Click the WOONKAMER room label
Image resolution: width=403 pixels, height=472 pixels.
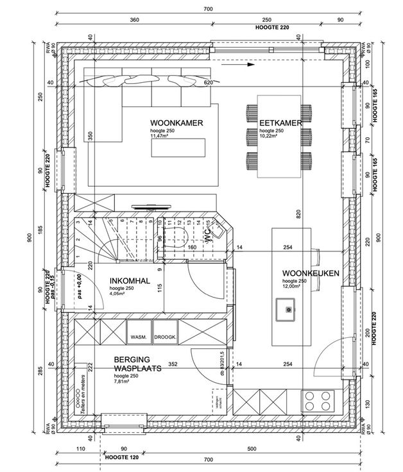pos(177,122)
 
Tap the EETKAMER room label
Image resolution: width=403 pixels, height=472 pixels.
pos(280,122)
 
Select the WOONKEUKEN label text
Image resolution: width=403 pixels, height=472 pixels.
pos(310,273)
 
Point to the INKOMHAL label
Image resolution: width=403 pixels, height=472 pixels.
pos(131,281)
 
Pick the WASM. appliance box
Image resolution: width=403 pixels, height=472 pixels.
pos(139,337)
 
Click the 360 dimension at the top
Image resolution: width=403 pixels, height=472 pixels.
pos(134,20)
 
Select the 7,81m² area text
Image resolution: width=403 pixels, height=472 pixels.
pos(123,381)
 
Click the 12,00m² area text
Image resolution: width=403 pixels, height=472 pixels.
pos(293,287)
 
